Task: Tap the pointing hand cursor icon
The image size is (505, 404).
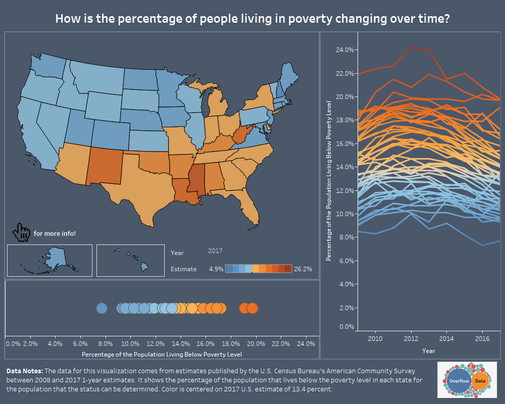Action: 22,232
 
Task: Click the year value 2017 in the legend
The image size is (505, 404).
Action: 215,250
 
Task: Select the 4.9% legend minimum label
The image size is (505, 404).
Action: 216,269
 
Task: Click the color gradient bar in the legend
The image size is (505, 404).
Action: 258,269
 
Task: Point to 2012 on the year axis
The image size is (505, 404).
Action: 411,338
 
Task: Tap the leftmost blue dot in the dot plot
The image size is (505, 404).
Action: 102,308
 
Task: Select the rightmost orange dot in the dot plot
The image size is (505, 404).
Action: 252,308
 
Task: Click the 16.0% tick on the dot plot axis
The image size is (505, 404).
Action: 206,343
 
